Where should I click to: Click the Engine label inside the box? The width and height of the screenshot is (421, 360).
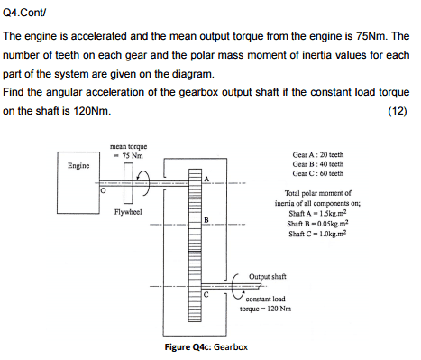click(78, 166)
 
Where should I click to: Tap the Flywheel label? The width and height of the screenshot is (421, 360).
click(128, 212)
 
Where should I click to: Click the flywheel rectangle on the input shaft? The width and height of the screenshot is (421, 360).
click(128, 183)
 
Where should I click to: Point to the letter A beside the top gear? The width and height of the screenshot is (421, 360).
click(206, 179)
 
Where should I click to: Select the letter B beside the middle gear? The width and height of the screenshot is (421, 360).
click(206, 220)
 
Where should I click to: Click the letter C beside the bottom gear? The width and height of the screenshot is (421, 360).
click(206, 295)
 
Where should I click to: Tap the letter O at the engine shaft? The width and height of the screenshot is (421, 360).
click(103, 190)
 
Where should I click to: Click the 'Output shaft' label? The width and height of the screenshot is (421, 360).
click(268, 276)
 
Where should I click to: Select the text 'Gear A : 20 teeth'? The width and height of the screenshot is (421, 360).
click(318, 155)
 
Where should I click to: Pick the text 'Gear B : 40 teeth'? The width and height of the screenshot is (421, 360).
click(318, 164)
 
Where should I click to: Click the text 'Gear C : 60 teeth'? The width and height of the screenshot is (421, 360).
click(318, 173)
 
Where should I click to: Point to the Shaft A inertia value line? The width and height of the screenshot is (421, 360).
click(317, 213)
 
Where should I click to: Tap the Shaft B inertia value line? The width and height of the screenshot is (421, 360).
click(317, 224)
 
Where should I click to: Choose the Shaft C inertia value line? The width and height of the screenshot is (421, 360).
click(317, 234)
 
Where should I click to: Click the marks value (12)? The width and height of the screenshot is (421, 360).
click(398, 111)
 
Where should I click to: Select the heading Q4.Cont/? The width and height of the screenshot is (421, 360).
click(24, 13)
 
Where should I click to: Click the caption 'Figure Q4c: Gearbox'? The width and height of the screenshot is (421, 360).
click(206, 347)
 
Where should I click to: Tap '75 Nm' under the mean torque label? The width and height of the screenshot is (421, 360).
click(133, 156)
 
